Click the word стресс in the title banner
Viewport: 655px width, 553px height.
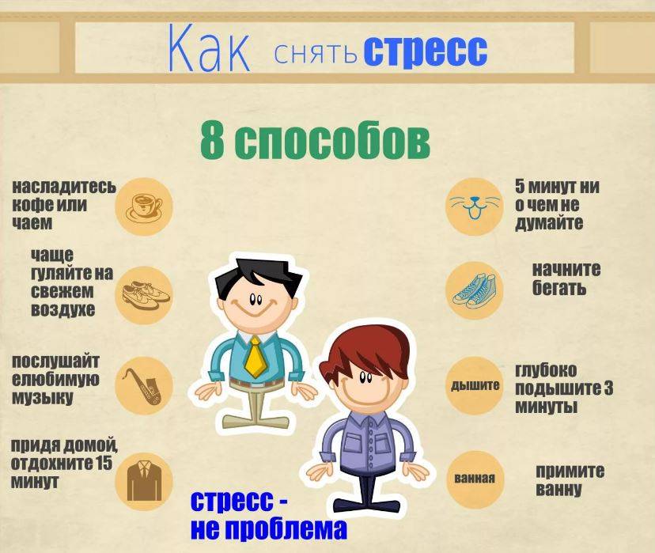pyautogui.click(x=426, y=51)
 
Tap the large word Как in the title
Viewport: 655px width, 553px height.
pyautogui.click(x=209, y=48)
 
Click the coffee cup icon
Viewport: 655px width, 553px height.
pyautogui.click(x=144, y=206)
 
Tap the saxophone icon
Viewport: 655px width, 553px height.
pyautogui.click(x=143, y=385)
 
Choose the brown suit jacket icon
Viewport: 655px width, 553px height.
pyautogui.click(x=144, y=480)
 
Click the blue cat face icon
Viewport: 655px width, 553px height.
pyautogui.click(x=474, y=206)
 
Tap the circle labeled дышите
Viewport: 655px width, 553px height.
pyautogui.click(x=475, y=385)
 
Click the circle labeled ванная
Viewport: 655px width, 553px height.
pyautogui.click(x=475, y=479)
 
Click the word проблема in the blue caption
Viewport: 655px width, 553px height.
pyautogui.click(x=286, y=528)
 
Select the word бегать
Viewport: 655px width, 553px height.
pyautogui.click(x=559, y=289)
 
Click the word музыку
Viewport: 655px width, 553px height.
pyautogui.click(x=43, y=397)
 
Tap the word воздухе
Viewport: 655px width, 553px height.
pyautogui.click(x=63, y=309)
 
